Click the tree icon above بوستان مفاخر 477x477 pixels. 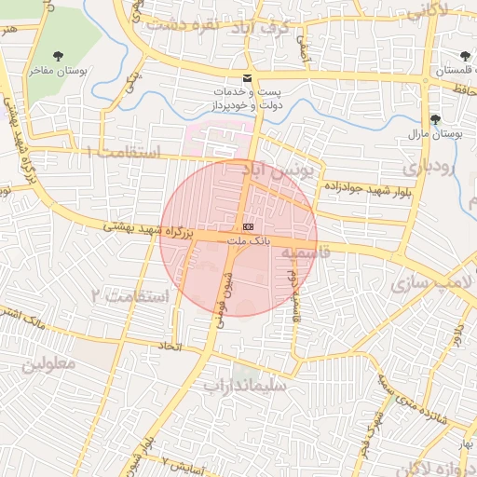click(60, 55)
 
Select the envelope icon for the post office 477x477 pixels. click(247, 78)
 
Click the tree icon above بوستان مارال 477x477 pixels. click(435, 118)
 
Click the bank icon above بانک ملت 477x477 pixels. click(247, 226)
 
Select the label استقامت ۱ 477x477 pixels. click(123, 151)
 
